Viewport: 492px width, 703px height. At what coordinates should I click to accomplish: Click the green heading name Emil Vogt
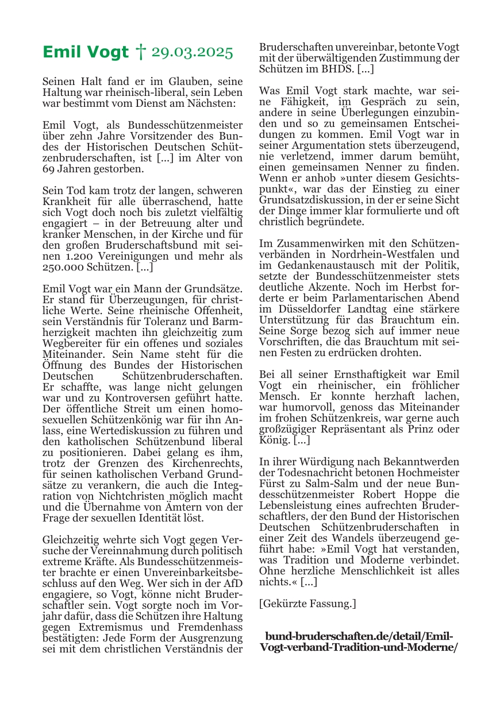(86, 53)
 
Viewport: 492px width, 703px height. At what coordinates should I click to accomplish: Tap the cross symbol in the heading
(140, 53)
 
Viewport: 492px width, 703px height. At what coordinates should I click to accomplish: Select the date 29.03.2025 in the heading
(192, 53)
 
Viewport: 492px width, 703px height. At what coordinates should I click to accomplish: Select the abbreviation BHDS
(336, 69)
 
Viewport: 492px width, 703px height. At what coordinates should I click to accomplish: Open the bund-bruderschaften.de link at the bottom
(359, 642)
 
